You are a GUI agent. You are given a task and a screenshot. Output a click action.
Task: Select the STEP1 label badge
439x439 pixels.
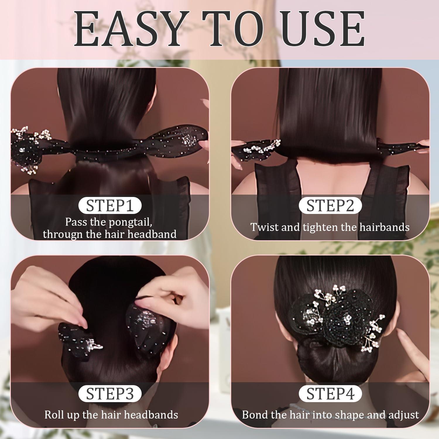(x=110, y=206)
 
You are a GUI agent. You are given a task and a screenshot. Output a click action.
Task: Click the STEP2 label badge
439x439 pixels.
(x=330, y=206)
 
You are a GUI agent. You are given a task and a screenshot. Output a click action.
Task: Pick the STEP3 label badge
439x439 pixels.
(x=110, y=394)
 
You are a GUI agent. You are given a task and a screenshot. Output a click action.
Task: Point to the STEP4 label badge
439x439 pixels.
(x=330, y=394)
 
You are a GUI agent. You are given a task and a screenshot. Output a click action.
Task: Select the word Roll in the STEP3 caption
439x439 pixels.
(x=54, y=415)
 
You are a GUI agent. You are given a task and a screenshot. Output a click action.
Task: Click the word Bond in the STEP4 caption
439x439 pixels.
(x=254, y=415)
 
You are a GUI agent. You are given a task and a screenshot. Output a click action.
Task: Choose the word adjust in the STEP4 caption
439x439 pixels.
(x=404, y=415)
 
